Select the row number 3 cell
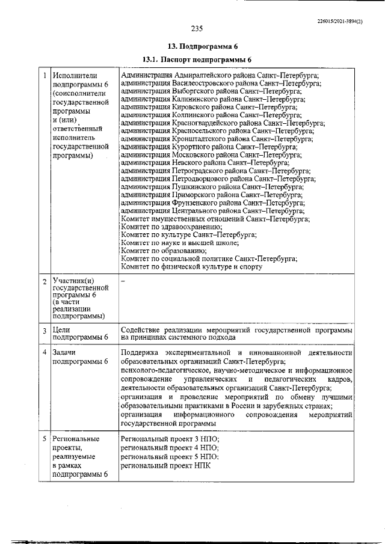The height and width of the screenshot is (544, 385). tap(44, 330)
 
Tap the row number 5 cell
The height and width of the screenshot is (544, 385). tap(44, 439)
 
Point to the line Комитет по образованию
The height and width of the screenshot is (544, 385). tap(164, 251)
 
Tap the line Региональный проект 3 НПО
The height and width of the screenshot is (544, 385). tap(170, 439)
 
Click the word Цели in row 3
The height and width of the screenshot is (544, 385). tap(61, 330)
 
